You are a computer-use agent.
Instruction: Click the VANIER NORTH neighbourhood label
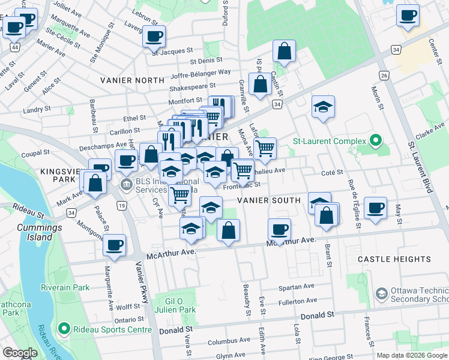click(132, 80)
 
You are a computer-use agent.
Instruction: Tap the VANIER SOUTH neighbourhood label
click(268, 200)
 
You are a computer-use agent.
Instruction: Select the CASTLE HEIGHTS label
click(394, 259)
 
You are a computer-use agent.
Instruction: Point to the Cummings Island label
click(39, 232)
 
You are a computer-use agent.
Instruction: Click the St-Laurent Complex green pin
click(376, 142)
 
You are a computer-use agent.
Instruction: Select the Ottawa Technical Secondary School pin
click(381, 294)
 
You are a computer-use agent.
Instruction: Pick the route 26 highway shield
click(384, 75)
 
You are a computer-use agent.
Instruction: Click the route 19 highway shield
click(122, 206)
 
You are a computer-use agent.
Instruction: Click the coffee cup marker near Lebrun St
click(153, 35)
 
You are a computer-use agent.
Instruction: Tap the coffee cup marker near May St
click(375, 208)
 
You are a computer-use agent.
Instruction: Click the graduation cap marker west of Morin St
click(324, 107)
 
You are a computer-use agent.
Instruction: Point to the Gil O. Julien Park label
click(181, 305)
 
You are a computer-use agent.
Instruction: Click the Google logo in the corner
click(19, 353)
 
